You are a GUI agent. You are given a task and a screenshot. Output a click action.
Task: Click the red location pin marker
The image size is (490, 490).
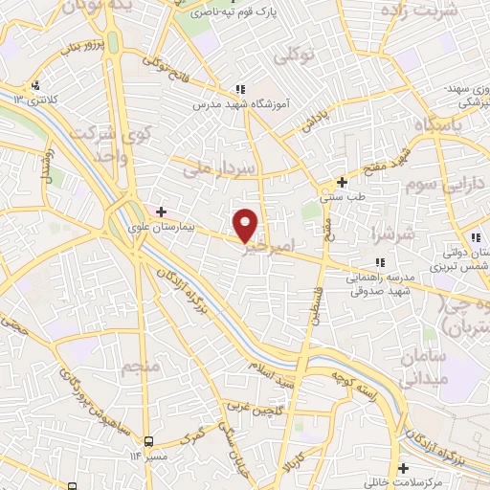[x=246, y=224]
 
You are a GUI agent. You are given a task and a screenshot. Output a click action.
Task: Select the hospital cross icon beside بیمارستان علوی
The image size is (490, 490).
[x=161, y=212]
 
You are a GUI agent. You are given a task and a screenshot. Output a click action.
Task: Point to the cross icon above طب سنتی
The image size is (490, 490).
[x=342, y=182]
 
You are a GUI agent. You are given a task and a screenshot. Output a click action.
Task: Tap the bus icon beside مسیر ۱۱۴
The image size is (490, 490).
[x=148, y=441]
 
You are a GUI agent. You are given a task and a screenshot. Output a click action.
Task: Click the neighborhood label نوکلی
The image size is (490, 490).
[x=295, y=57]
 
